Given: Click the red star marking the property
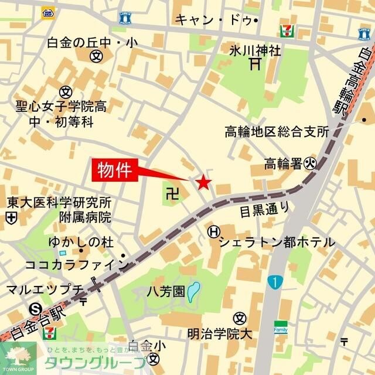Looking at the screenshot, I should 203,183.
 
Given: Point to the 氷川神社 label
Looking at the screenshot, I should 255,50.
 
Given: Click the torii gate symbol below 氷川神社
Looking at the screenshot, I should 254,64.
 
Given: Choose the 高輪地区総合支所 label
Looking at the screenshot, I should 277,131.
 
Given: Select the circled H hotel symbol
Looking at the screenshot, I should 213,232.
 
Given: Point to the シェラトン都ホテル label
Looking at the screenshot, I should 277,241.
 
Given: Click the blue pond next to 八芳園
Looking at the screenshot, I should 194,291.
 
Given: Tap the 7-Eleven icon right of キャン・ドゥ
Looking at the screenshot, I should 287,30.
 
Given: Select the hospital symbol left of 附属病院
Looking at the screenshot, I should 10,217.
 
